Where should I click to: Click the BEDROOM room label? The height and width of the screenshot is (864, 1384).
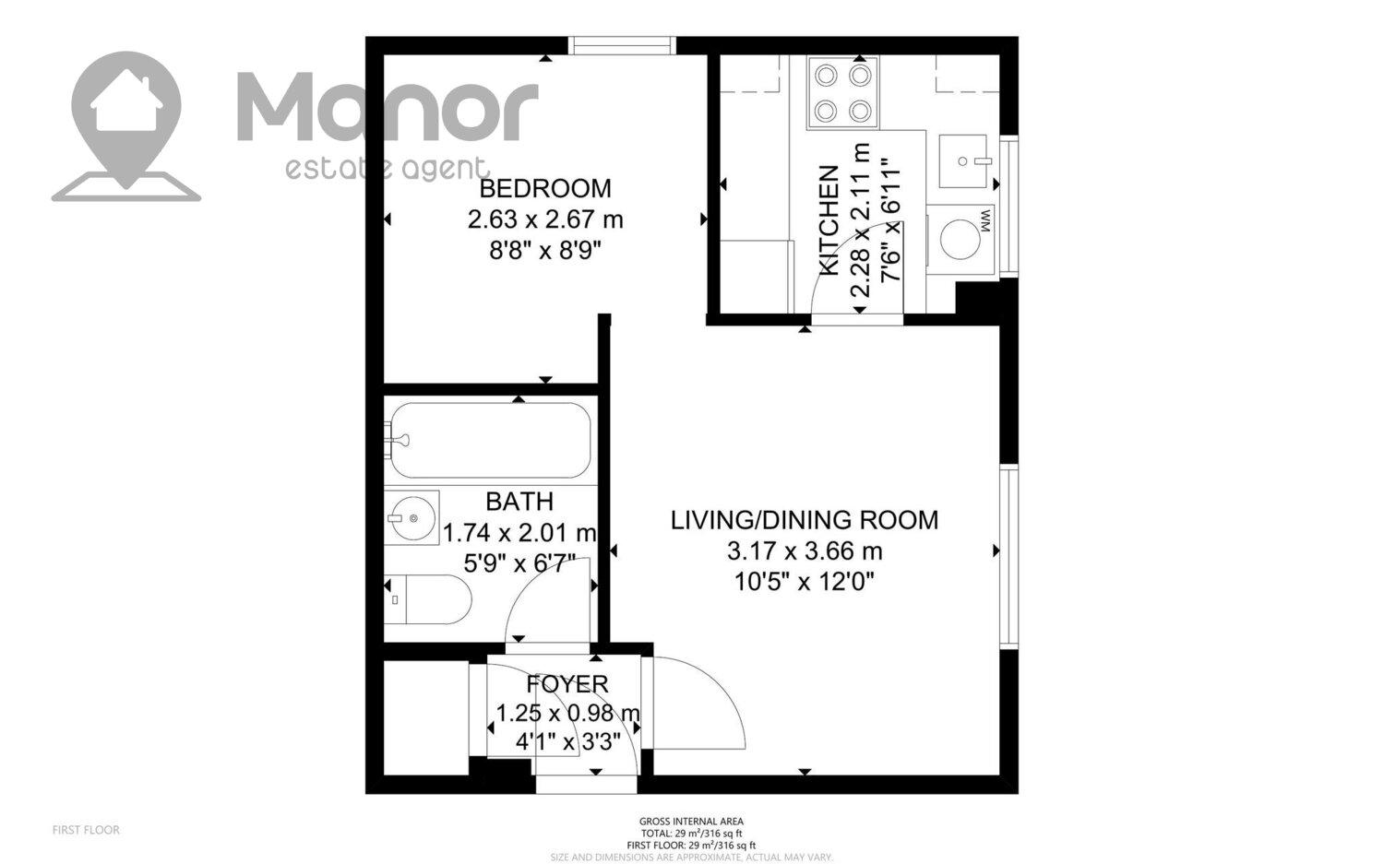[545, 188]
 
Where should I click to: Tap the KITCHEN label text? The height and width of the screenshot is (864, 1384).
[829, 219]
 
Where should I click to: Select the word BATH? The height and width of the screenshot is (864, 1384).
[519, 502]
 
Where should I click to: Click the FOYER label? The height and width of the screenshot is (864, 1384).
[567, 683]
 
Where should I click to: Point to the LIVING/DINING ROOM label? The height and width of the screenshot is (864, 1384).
[805, 520]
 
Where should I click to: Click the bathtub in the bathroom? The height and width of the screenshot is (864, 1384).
[490, 440]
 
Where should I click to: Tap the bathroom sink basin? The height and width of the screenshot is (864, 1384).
[412, 517]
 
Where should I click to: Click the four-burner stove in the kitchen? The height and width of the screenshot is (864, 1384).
[842, 92]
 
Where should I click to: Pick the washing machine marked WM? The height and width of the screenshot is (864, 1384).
[960, 239]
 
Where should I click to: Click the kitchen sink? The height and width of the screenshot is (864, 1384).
[963, 161]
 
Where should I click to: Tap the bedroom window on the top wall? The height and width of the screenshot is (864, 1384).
[622, 46]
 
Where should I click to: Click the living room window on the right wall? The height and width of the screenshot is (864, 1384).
[1009, 558]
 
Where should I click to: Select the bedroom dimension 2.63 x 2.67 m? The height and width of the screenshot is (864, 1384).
[545, 219]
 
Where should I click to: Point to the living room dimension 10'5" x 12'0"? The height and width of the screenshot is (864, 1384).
[805, 582]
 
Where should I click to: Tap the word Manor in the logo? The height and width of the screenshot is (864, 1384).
[388, 107]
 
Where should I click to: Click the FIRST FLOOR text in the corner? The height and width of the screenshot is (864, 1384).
[86, 830]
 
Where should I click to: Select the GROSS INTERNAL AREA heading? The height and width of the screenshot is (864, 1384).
[691, 822]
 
